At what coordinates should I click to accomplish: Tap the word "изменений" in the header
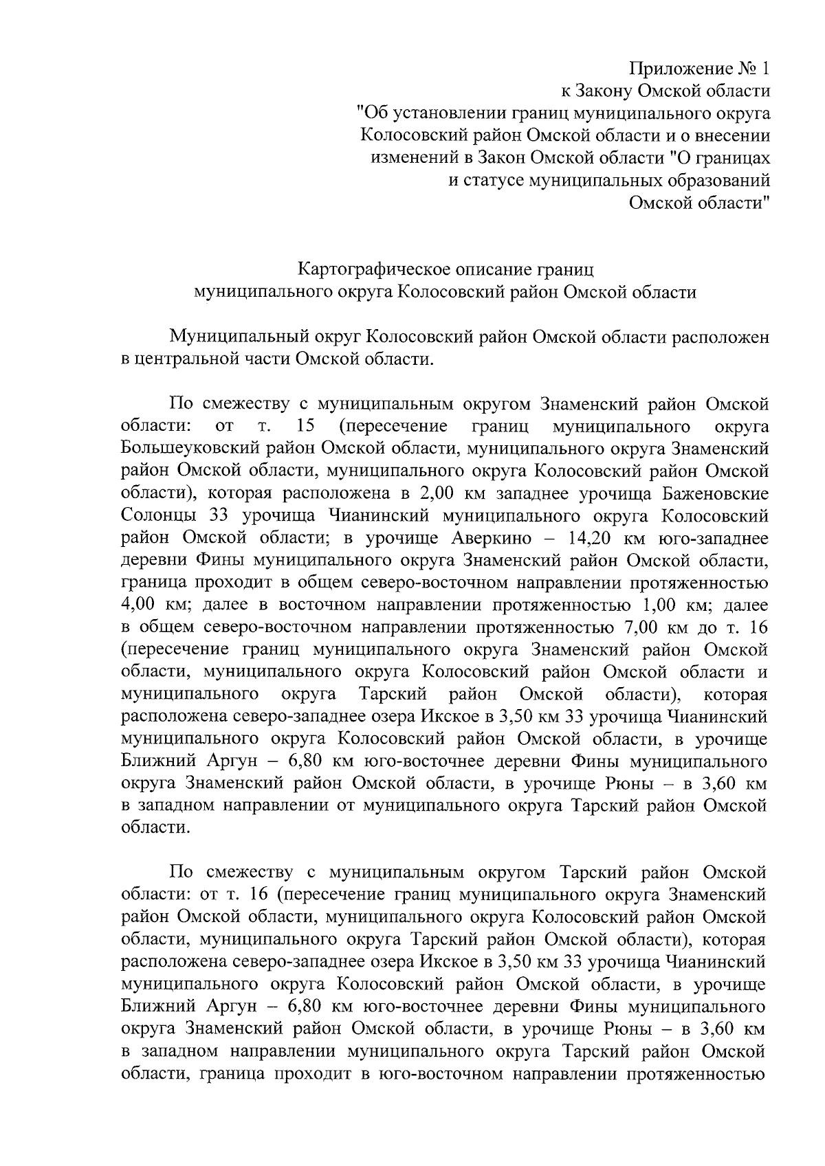pyautogui.click(x=410, y=158)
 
